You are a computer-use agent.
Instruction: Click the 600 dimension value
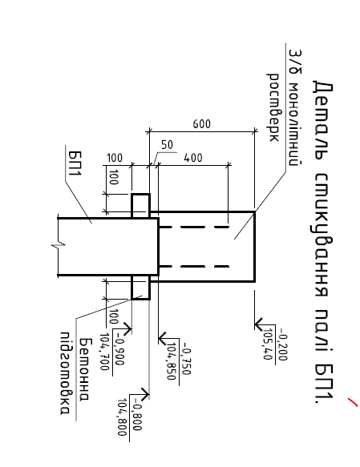coord(201,124)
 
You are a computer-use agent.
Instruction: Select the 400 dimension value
coord(193,158)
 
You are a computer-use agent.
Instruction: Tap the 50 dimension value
coord(167,145)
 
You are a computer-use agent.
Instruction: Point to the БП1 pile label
coord(75,163)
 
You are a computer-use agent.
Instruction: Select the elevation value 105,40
coord(268,344)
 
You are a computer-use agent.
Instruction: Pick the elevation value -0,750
coord(187,359)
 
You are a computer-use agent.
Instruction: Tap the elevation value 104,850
coord(171,361)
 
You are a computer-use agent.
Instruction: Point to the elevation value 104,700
coord(104,352)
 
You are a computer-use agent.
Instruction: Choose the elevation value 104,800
coord(122,417)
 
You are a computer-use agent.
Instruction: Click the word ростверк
coord(273,107)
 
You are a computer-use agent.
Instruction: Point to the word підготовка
coord(66,372)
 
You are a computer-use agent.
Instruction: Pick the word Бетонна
coord(83,369)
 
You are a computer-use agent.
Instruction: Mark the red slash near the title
coord(353,401)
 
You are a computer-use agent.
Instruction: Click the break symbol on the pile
coord(58,246)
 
